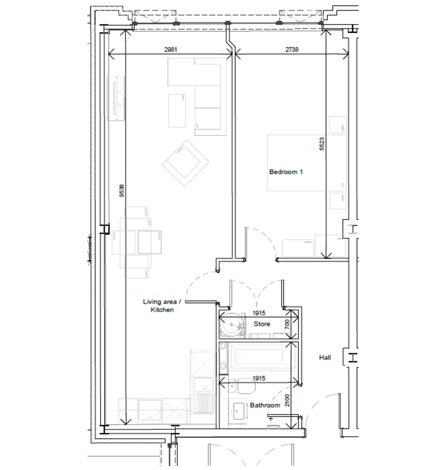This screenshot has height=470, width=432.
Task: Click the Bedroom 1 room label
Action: [286, 172]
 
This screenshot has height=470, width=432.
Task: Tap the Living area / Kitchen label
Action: [162, 305]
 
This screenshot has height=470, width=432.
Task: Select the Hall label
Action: [325, 357]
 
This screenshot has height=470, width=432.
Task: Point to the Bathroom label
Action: [265, 405]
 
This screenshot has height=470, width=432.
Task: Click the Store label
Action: [261, 324]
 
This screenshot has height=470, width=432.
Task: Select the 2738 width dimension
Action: [292, 49]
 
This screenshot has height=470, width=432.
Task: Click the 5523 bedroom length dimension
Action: [322, 144]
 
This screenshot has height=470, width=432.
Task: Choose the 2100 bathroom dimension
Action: [287, 400]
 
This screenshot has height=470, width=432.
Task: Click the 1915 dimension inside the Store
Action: [259, 313]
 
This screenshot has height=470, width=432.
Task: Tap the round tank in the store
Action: [232, 325]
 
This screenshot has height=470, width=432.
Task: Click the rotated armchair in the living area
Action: [185, 163]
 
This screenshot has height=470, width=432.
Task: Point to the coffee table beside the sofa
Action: [177, 110]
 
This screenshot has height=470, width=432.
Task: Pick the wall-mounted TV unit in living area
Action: [116, 98]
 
